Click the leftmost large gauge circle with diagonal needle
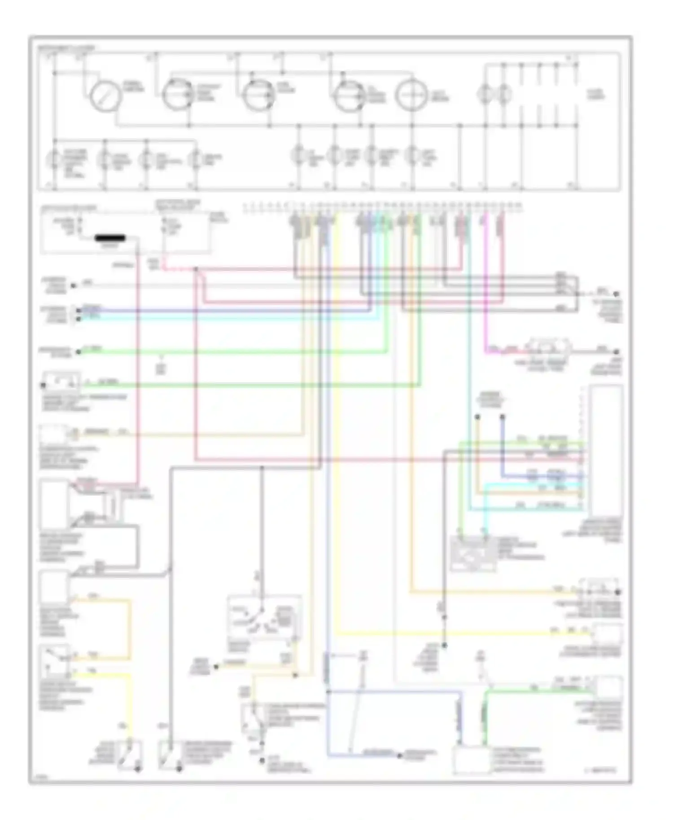pyautogui.click(x=105, y=96)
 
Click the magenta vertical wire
pyautogui.click(x=486, y=287)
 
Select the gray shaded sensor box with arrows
pyautogui.click(x=473, y=554)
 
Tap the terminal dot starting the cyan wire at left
pyautogui.click(x=79, y=318)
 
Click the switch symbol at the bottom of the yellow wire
pyautogui.click(x=130, y=755)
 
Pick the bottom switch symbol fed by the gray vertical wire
pyautogui.click(x=170, y=755)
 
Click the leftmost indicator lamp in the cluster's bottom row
pyautogui.click(x=54, y=159)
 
